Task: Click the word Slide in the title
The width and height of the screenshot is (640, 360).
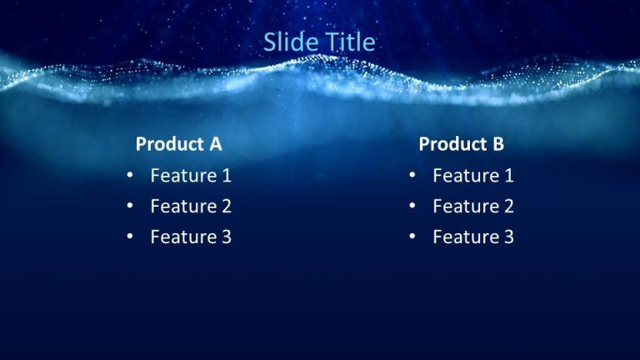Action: tap(291, 42)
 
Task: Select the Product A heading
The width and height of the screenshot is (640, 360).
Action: tap(178, 144)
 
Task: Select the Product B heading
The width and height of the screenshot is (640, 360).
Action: tap(461, 144)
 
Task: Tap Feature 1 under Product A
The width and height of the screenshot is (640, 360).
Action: tap(191, 176)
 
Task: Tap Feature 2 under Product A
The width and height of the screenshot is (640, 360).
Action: tap(191, 207)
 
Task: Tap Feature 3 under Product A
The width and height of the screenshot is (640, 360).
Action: tap(191, 237)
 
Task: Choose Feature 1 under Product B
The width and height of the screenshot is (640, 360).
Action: tap(473, 176)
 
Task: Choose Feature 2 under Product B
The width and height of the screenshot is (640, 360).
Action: tap(473, 207)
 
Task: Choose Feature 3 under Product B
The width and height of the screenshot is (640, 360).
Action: tap(473, 237)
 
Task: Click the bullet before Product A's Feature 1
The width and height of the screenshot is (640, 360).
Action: tap(129, 176)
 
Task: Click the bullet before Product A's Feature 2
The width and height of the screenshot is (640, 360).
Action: tap(129, 207)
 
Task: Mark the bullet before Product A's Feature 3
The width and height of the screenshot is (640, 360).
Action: tap(129, 237)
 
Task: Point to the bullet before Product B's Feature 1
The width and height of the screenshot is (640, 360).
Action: tap(412, 176)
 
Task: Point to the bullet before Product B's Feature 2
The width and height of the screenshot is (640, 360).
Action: tap(412, 207)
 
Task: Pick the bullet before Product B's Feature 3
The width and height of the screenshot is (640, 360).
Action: tap(412, 237)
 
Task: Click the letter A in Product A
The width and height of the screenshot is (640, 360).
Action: tap(215, 144)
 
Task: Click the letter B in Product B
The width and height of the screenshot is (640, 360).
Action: tap(498, 144)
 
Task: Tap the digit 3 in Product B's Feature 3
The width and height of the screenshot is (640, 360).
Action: tap(508, 237)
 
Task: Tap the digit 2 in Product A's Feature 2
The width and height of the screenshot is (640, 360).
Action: tap(226, 207)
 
